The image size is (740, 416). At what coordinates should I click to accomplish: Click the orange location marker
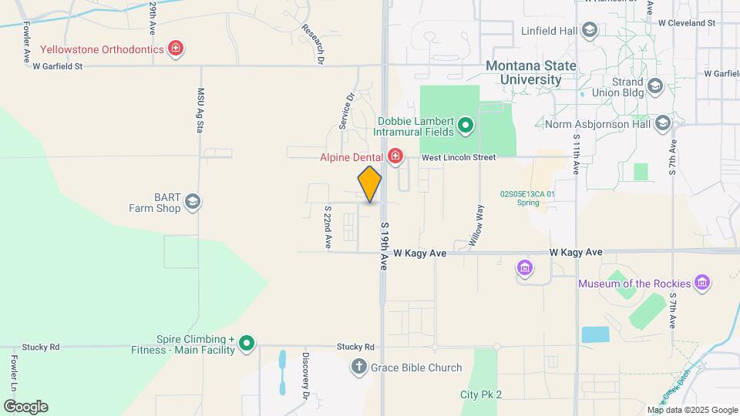pyautogui.click(x=370, y=184)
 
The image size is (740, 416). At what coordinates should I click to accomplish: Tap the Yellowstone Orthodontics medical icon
pyautogui.click(x=176, y=49)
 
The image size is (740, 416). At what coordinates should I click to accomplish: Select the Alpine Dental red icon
pyautogui.click(x=395, y=157)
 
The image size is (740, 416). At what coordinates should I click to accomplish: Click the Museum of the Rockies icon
pyautogui.click(x=701, y=283)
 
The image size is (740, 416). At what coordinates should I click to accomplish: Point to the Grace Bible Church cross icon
pyautogui.click(x=358, y=367)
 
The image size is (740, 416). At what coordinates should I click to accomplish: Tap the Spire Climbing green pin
pyautogui.click(x=247, y=343)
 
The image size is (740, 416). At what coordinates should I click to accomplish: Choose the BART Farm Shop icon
pyautogui.click(x=192, y=203)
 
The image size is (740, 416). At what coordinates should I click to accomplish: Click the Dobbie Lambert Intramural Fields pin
pyautogui.click(x=466, y=125)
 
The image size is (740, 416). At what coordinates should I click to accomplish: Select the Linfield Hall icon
pyautogui.click(x=590, y=31)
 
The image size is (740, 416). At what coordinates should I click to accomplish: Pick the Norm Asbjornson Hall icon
pyautogui.click(x=662, y=124)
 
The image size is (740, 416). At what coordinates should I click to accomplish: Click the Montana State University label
pyautogui.click(x=531, y=72)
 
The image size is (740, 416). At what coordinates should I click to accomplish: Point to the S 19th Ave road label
pyautogui.click(x=384, y=247)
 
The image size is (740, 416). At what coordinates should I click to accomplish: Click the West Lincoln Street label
pyautogui.click(x=458, y=157)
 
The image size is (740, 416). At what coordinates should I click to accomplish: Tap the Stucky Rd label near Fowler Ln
pyautogui.click(x=41, y=347)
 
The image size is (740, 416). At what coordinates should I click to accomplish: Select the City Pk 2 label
pyautogui.click(x=481, y=394)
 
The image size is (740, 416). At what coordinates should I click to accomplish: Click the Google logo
pyautogui.click(x=25, y=406)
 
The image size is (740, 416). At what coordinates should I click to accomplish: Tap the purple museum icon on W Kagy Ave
pyautogui.click(x=526, y=268)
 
